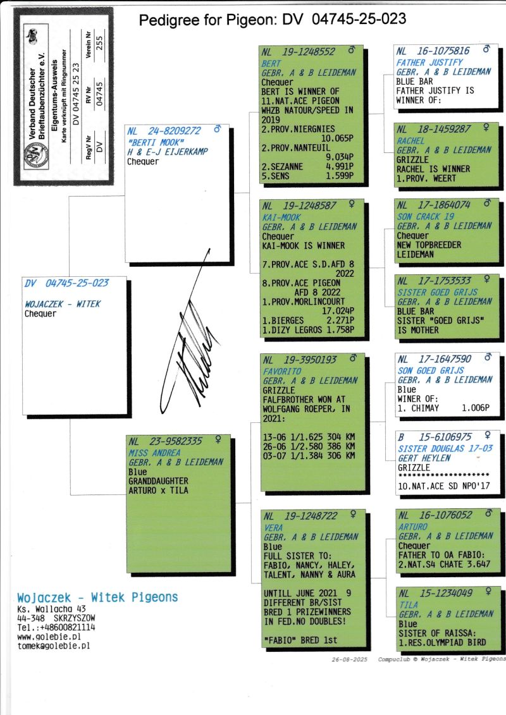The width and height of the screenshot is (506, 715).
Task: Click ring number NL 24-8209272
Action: pyautogui.click(x=164, y=131)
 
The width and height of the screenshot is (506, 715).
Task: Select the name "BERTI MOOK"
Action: pyautogui.click(x=156, y=142)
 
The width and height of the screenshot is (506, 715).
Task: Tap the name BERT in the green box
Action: pyautogui.click(x=271, y=63)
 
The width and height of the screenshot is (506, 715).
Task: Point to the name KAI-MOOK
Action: pyautogui.click(x=281, y=217)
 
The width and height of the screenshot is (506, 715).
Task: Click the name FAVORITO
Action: pyautogui.click(x=282, y=372)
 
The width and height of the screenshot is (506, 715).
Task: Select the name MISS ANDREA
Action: pyautogui.click(x=154, y=453)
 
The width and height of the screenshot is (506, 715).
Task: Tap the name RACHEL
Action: pyautogui.click(x=410, y=141)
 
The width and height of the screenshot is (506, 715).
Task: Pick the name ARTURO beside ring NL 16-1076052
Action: pyautogui.click(x=413, y=527)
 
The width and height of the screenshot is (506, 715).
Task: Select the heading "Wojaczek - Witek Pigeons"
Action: pyautogui.click(x=97, y=597)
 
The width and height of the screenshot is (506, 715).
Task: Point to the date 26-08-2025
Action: pyautogui.click(x=350, y=659)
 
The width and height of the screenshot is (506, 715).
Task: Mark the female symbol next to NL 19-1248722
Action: pyautogui.click(x=353, y=515)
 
